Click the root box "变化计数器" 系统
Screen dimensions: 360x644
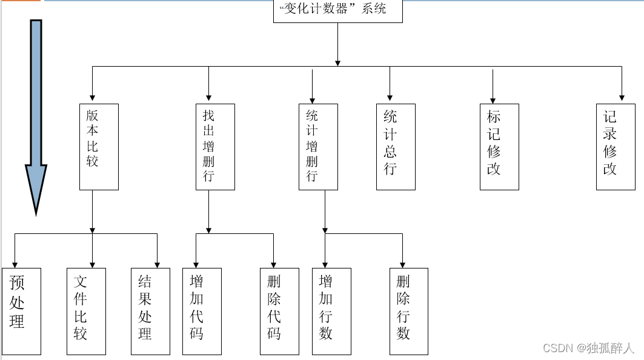pyautogui.click(x=337, y=11)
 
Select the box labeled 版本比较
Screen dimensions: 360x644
pyautogui.click(x=99, y=147)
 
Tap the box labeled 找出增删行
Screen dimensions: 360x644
pyautogui.click(x=215, y=147)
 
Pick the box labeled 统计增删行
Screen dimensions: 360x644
pyautogui.click(x=318, y=147)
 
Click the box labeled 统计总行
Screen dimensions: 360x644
pyautogui.click(x=396, y=147)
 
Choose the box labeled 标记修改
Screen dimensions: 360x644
pyautogui.click(x=499, y=147)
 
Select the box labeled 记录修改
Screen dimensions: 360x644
pyautogui.click(x=616, y=147)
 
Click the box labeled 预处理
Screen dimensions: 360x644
pyautogui.click(x=21, y=311)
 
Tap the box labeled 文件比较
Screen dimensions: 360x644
pyautogui.click(x=86, y=311)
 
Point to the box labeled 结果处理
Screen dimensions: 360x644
pyautogui.click(x=150, y=311)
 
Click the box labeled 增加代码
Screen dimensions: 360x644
pyautogui.click(x=202, y=311)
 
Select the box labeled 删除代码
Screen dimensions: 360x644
pyautogui.click(x=279, y=311)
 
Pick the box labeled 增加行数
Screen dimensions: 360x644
pyautogui.click(x=331, y=311)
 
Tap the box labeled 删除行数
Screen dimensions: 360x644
pyautogui.click(x=409, y=311)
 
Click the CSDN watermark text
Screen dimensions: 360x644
pyautogui.click(x=588, y=348)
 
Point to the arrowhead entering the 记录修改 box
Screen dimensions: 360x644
pyautogui.click(x=622, y=97)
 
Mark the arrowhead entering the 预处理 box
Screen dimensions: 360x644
pyautogui.click(x=15, y=265)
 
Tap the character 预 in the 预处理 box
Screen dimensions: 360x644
pyautogui.click(x=17, y=282)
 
